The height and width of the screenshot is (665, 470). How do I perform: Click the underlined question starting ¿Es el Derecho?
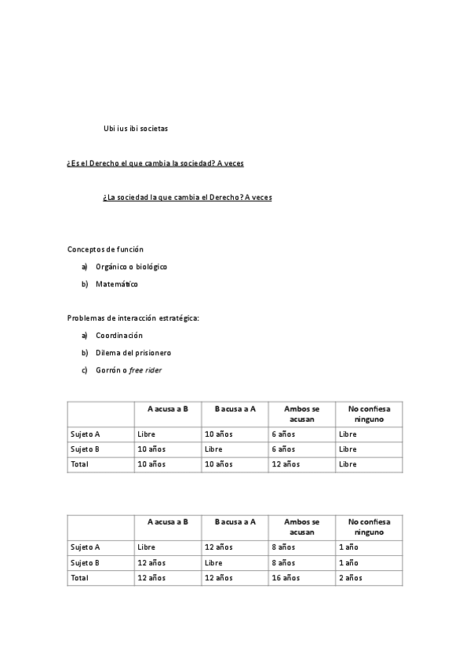coord(155,163)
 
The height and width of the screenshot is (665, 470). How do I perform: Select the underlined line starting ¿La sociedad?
coord(187,198)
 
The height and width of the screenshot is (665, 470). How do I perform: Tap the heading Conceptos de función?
coord(105,249)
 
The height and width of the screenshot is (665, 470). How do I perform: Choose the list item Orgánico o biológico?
coord(131,267)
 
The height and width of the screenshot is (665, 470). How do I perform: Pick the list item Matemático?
coord(117,284)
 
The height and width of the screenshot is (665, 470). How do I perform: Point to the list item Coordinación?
coord(119,336)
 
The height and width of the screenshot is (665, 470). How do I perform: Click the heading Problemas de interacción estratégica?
coord(133,318)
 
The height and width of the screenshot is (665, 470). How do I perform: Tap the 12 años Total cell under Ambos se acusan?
coord(284,464)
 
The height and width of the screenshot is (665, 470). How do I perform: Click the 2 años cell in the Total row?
coord(350,578)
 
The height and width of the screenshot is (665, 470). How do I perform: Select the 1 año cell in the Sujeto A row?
coord(348,547)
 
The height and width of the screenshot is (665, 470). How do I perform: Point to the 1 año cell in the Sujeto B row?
coord(348,562)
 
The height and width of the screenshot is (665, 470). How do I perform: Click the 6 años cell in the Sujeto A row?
coord(283,434)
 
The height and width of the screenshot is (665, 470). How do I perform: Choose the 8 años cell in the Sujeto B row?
coord(283,562)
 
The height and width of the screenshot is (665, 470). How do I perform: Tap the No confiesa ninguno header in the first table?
coord(368,413)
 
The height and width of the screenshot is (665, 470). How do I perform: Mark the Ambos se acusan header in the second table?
coord(301,526)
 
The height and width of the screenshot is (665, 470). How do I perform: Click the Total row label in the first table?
coord(80,464)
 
